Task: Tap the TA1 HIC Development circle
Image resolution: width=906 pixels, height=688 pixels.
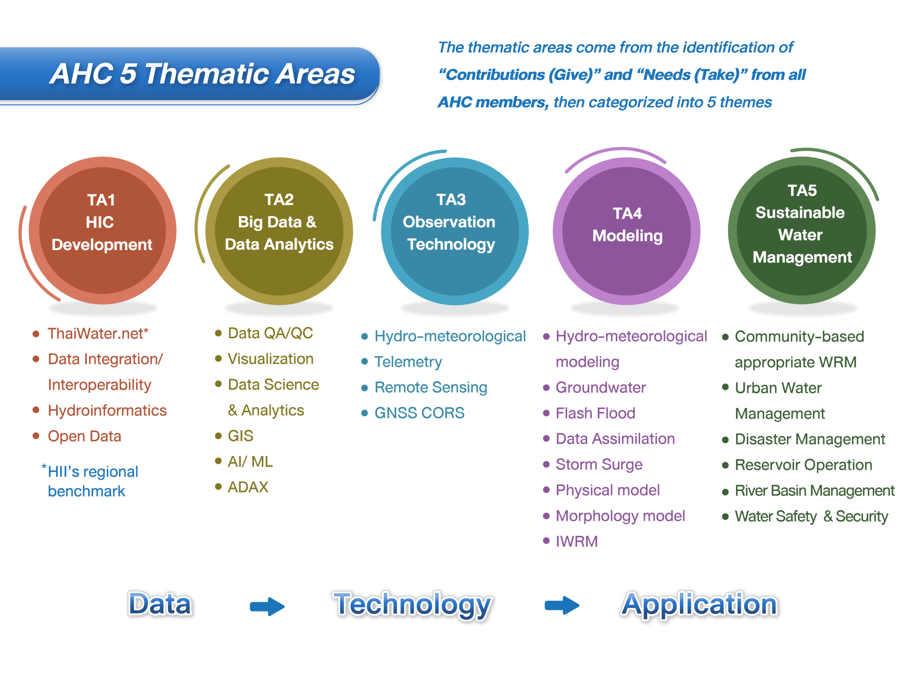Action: click(102, 231)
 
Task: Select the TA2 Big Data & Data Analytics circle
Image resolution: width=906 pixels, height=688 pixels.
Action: click(279, 231)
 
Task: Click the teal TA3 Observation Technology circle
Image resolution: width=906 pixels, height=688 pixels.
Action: click(454, 231)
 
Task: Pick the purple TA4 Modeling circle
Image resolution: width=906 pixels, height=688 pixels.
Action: click(626, 231)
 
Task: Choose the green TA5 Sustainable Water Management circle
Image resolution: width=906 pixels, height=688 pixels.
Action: click(802, 231)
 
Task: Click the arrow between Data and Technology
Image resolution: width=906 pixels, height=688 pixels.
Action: click(267, 606)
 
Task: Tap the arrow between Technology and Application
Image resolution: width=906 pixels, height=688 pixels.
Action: click(562, 605)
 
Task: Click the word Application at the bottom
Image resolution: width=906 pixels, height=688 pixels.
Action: click(699, 604)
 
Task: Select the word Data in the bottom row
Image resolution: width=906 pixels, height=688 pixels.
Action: click(160, 604)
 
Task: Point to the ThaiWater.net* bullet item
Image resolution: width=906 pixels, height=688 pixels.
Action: click(98, 333)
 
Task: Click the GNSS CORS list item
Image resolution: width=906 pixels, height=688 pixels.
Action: click(419, 413)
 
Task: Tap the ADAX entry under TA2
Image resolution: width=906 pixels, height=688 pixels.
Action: click(248, 487)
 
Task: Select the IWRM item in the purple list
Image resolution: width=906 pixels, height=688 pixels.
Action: click(576, 541)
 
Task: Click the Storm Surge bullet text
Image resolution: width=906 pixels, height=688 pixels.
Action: click(599, 464)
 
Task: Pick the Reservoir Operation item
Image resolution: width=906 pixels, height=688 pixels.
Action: click(803, 465)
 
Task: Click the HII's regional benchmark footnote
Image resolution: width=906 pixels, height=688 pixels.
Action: click(92, 481)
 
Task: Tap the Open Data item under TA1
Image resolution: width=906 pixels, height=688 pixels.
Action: click(84, 436)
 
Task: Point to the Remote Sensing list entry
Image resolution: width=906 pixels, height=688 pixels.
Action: click(430, 387)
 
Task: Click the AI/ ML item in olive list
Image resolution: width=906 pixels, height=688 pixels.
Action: click(250, 462)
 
